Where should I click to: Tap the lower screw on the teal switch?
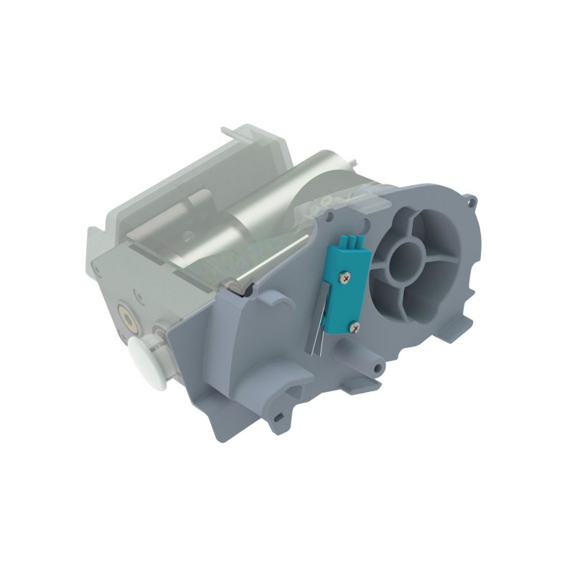tap(353, 327)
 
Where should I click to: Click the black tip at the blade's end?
tap(237, 289)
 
